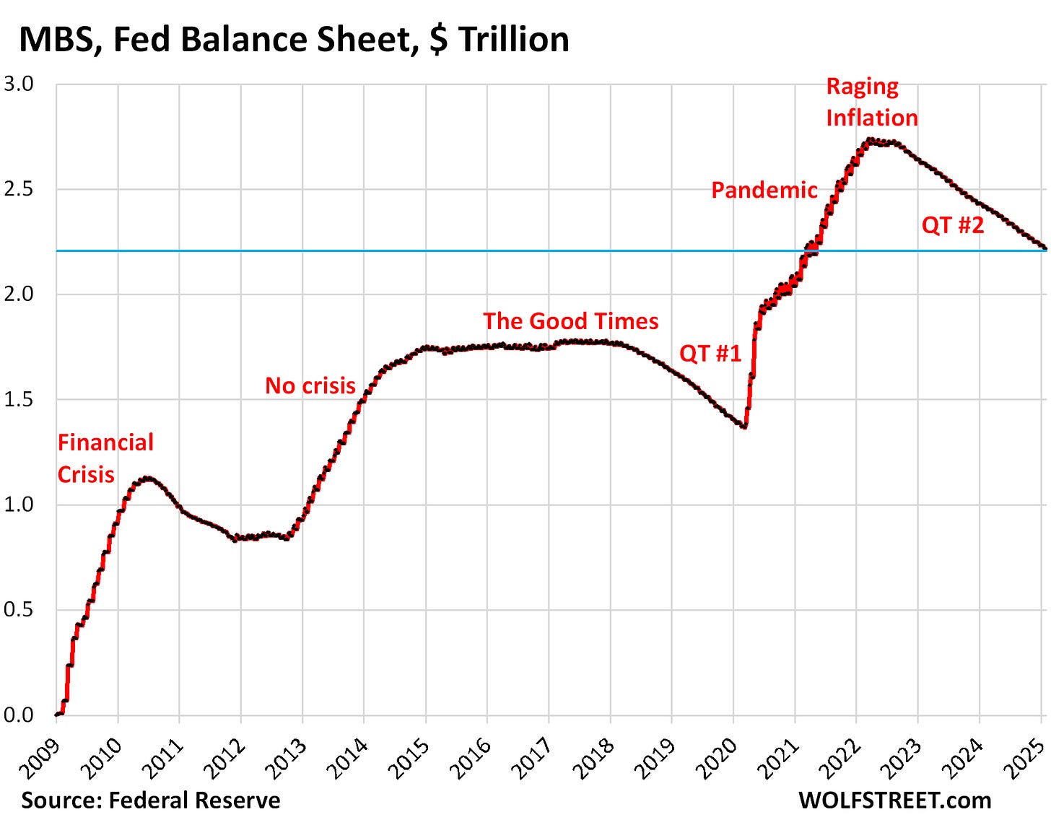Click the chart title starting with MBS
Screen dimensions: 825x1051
(x=294, y=39)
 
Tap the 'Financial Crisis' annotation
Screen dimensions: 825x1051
(x=105, y=458)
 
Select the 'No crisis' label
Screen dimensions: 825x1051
(x=310, y=385)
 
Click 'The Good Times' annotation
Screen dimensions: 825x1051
(x=570, y=321)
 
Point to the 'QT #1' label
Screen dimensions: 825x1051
(x=710, y=353)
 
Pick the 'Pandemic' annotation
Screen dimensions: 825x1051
(x=764, y=190)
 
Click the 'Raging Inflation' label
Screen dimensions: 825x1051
(x=871, y=102)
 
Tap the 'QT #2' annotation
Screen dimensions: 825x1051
(x=952, y=225)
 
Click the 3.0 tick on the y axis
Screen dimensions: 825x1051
(x=19, y=84)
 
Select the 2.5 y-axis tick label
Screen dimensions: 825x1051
(x=19, y=189)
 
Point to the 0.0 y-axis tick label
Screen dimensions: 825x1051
(x=19, y=715)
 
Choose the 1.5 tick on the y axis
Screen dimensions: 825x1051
(x=19, y=399)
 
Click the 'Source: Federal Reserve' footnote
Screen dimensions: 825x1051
(x=150, y=800)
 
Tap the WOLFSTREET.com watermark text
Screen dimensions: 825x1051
(x=894, y=800)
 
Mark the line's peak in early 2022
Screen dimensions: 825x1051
(x=870, y=140)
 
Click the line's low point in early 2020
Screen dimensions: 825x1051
(x=743, y=427)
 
